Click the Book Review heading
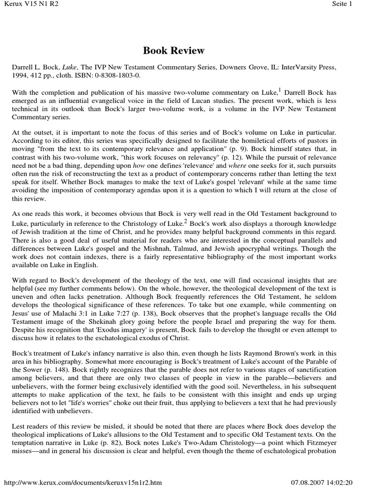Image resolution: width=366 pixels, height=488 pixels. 174,51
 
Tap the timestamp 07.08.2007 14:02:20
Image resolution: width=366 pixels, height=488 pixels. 325,482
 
